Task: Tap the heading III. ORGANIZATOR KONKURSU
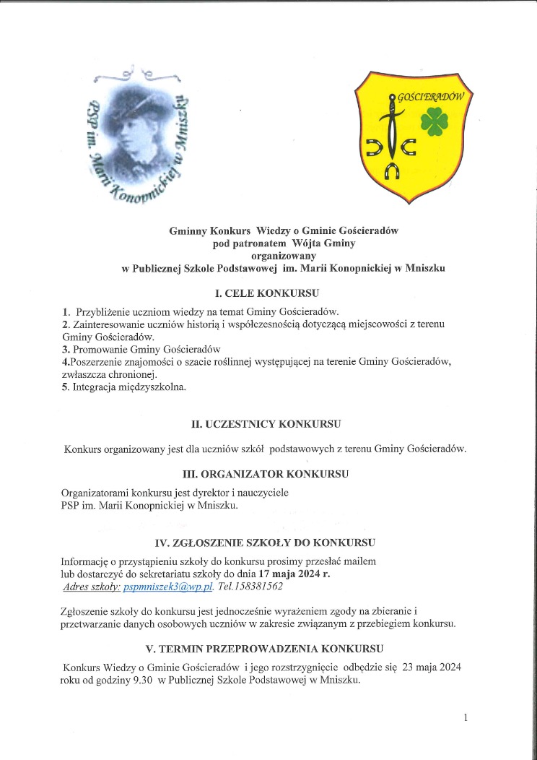[266, 475]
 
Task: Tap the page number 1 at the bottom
[466, 717]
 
